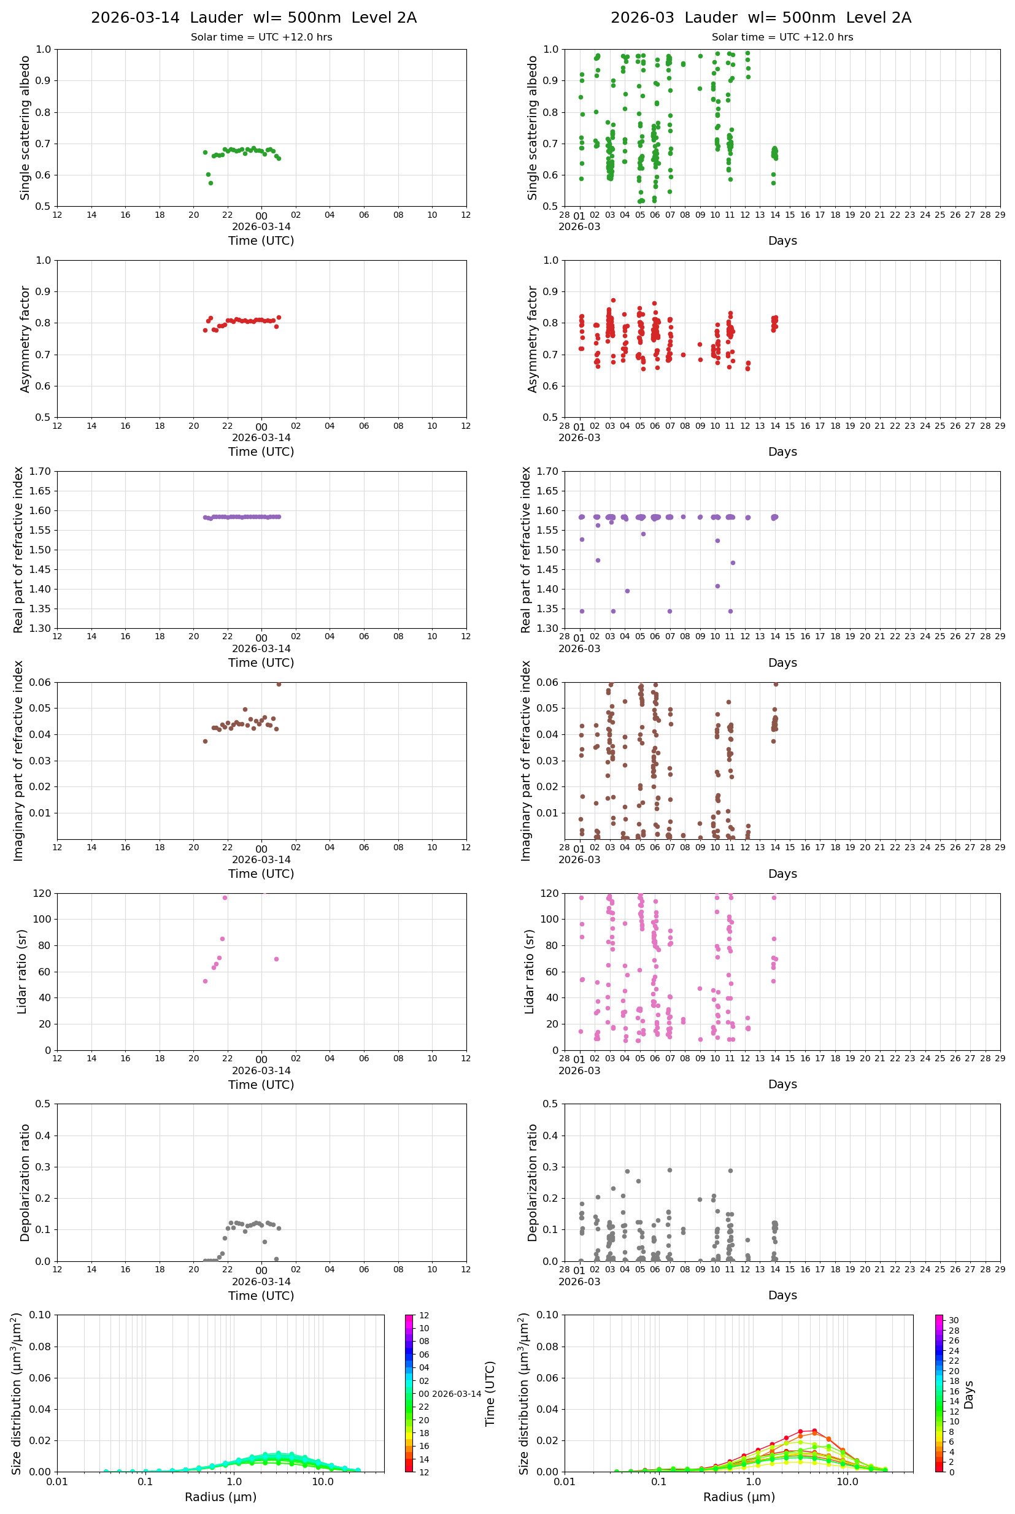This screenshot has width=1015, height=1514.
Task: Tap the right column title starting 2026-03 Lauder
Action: pyautogui.click(x=760, y=17)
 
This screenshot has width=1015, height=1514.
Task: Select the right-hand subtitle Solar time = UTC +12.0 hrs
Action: pyautogui.click(x=782, y=37)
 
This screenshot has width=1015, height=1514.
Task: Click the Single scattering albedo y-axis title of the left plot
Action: pyautogui.click(x=25, y=128)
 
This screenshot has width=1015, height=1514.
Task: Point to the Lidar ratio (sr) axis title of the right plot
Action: pyautogui.click(x=530, y=971)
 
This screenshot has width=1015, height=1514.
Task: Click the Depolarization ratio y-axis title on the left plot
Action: pyautogui.click(x=25, y=1182)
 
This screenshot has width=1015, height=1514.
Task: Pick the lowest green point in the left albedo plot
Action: pyautogui.click(x=210, y=183)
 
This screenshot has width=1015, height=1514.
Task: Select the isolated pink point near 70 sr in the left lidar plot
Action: pyautogui.click(x=276, y=959)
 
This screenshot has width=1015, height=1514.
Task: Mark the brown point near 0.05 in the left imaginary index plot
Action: pyautogui.click(x=245, y=709)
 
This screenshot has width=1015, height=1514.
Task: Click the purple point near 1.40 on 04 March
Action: pyautogui.click(x=627, y=591)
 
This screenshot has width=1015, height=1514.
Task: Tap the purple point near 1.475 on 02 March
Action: pyautogui.click(x=598, y=560)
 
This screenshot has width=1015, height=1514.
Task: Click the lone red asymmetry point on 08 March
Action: pyautogui.click(x=683, y=355)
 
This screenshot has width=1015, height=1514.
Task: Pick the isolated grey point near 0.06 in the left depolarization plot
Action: pyautogui.click(x=264, y=1242)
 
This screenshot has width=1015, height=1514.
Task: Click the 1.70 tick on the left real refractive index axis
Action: pyautogui.click(x=42, y=471)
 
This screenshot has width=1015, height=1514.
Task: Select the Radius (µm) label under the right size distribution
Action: pyautogui.click(x=739, y=1497)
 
